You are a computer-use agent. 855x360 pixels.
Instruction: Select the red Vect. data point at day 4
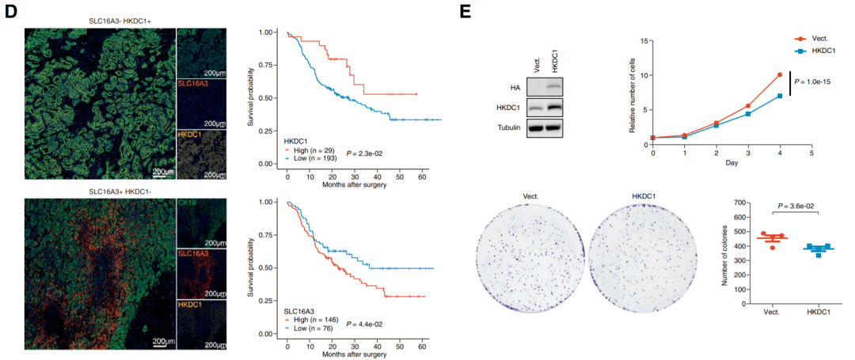780,75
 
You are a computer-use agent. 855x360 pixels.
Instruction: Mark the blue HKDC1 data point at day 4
780,96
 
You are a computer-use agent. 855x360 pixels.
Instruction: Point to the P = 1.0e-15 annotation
819,81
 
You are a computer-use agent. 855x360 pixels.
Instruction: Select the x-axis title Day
731,163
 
